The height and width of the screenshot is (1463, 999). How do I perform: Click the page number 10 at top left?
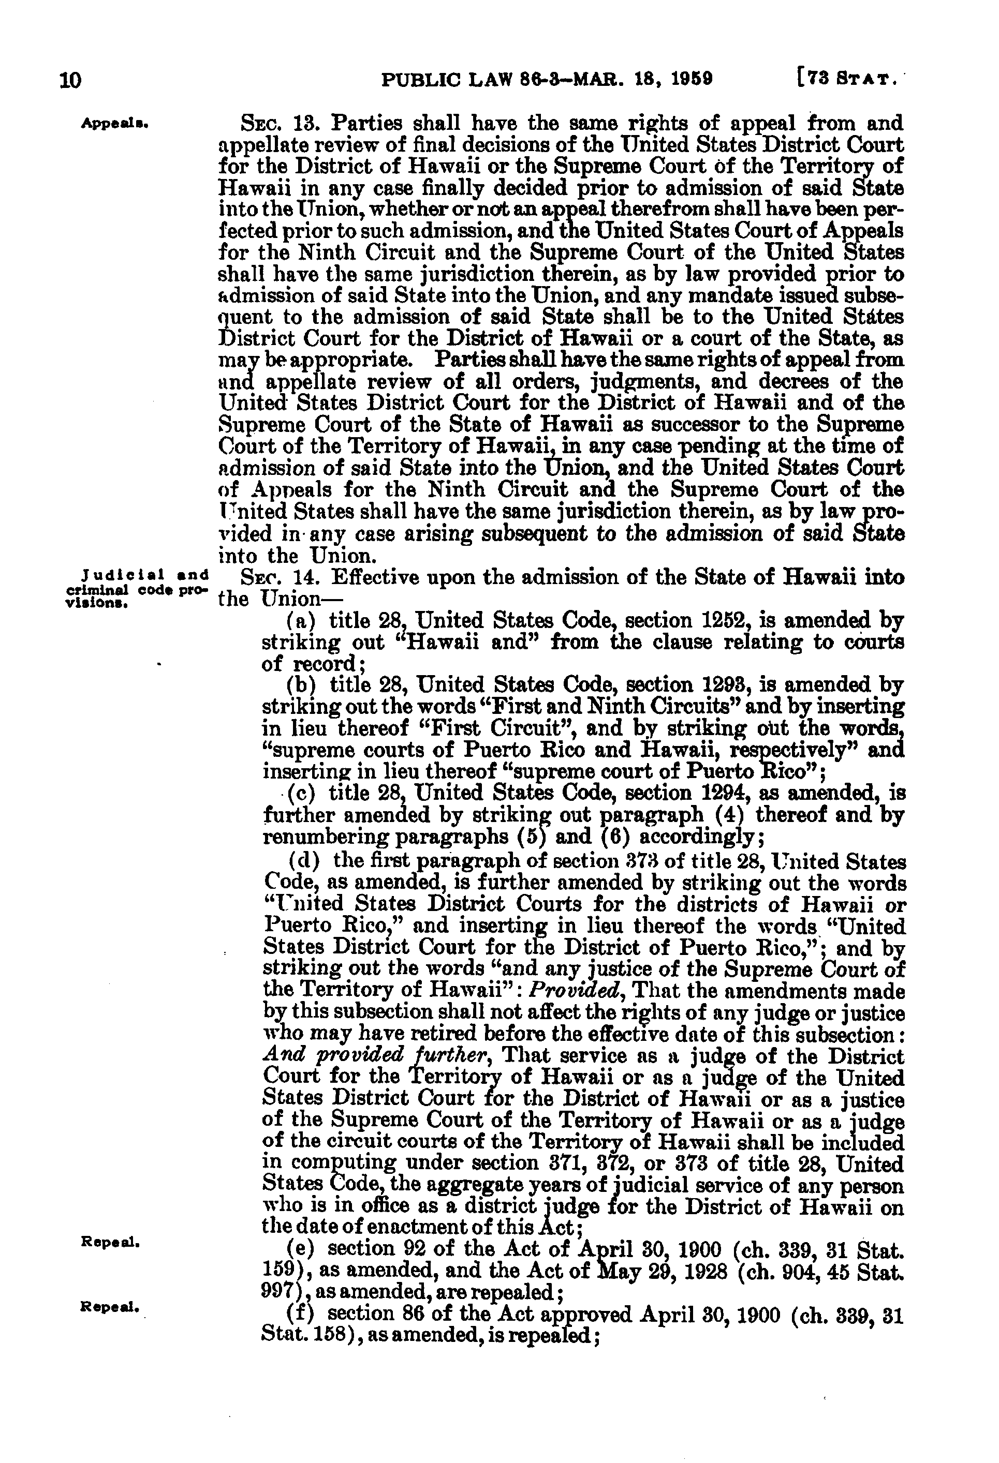click(71, 80)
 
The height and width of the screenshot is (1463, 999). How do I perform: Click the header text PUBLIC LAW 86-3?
click(478, 79)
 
